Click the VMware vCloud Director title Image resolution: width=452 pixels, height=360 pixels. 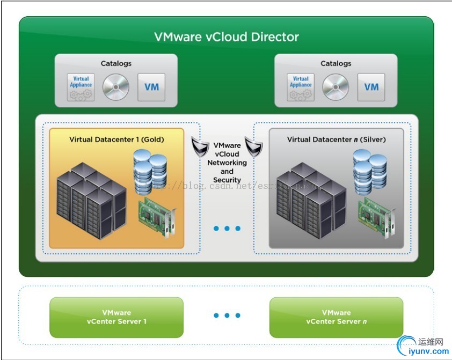pos(226,37)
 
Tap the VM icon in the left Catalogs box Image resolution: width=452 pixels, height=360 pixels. pos(151,87)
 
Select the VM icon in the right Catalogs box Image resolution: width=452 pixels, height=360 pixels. pos(371,87)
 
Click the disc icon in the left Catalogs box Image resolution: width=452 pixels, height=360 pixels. pos(116,87)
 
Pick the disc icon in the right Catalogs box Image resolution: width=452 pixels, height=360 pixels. pos(336,87)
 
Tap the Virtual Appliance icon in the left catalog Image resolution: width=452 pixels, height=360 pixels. pos(81,87)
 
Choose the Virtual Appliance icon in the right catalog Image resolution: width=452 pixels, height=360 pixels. pos(301,87)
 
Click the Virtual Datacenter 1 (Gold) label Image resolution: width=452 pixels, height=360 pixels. pos(116,139)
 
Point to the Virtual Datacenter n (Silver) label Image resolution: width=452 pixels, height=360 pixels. pos(336,139)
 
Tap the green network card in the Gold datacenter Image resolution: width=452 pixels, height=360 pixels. pos(157,217)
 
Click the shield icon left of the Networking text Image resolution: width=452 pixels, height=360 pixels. pos(200,146)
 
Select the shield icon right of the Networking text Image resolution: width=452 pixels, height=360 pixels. pos(253,146)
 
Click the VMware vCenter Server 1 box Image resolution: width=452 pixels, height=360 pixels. pos(116,317)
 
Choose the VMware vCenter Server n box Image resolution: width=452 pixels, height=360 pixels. pos(336,317)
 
